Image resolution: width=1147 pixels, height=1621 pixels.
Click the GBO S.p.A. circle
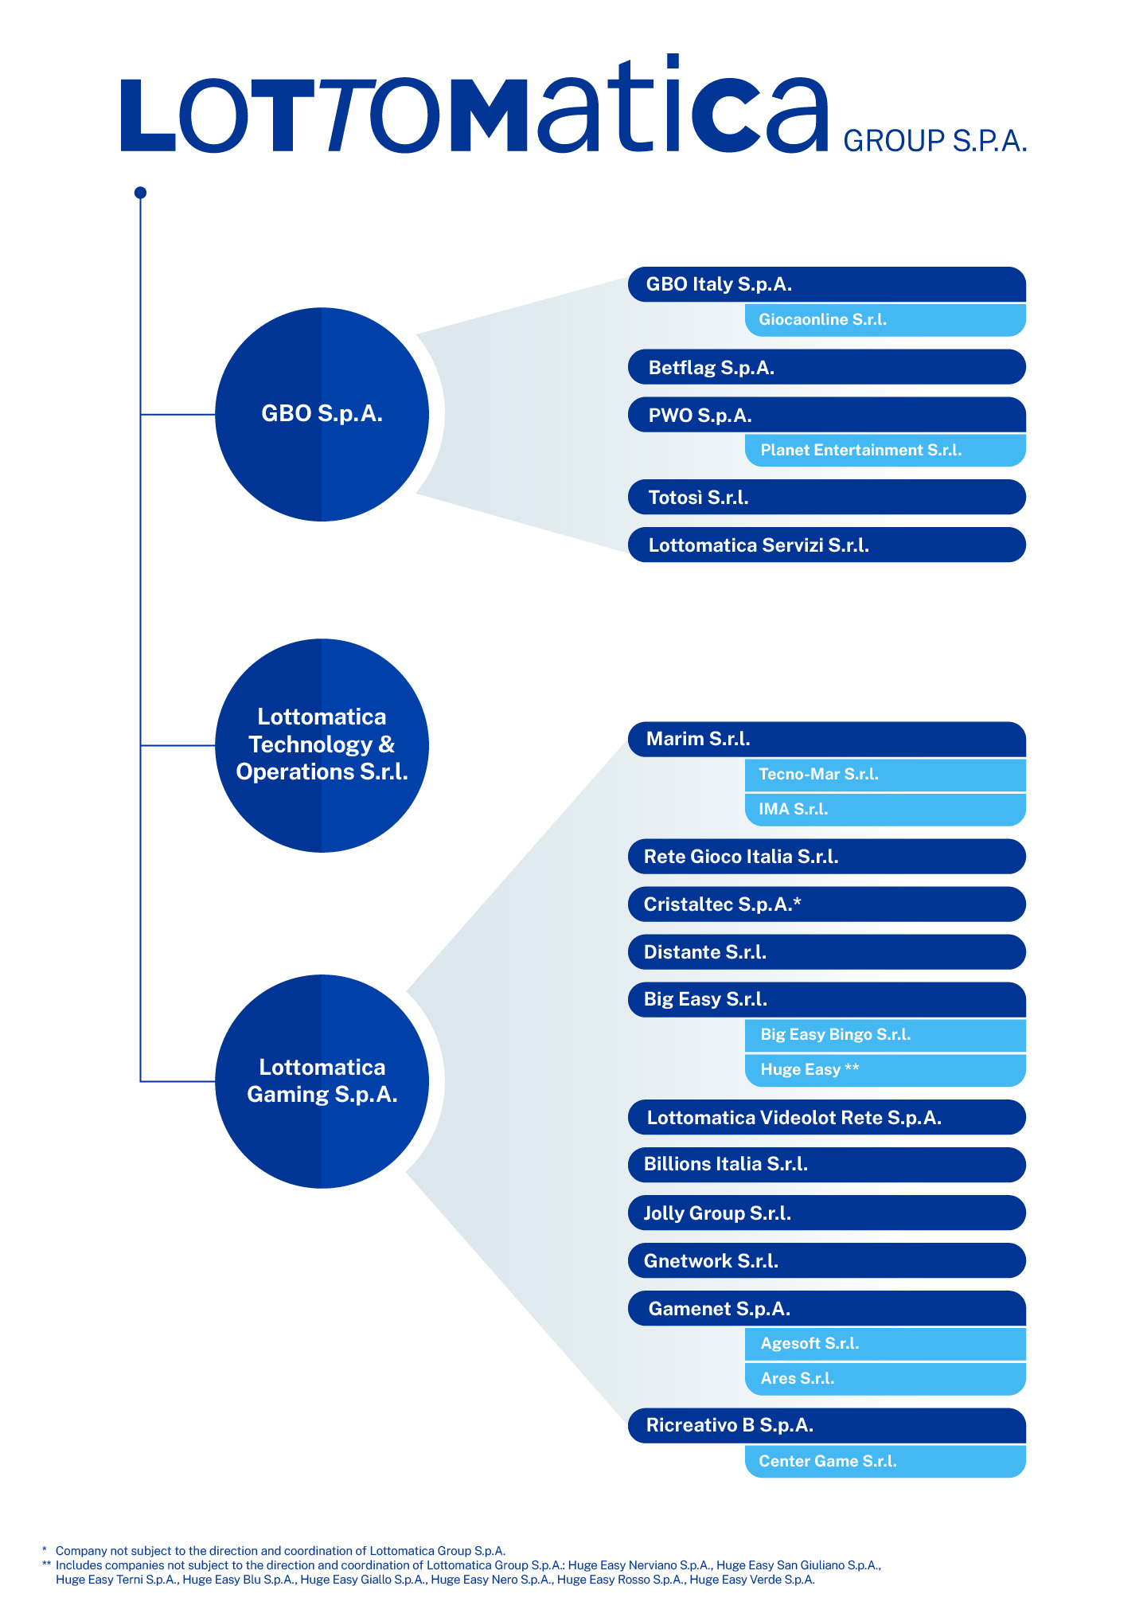tap(322, 414)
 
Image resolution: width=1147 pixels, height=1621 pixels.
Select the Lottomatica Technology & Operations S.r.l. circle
tap(322, 745)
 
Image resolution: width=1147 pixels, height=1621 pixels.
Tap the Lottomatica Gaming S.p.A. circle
tap(322, 1081)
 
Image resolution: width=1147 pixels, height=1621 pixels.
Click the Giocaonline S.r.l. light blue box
tap(884, 319)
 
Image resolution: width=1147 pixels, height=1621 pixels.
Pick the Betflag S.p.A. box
tap(826, 367)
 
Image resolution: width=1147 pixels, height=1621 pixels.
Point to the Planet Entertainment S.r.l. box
tap(884, 450)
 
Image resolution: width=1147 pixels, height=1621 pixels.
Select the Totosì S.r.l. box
tap(826, 497)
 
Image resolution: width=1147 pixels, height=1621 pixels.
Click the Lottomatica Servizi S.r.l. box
tap(826, 545)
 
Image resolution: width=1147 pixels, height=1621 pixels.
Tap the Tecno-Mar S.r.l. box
tap(884, 774)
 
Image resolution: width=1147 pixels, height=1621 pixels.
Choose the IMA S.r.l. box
tap(884, 809)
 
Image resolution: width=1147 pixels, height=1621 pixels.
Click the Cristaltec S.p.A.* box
tap(826, 904)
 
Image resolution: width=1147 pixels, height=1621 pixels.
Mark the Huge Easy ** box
tap(884, 1069)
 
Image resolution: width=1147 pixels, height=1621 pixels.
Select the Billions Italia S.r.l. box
tap(826, 1164)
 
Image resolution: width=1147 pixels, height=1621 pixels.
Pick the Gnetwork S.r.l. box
tap(826, 1260)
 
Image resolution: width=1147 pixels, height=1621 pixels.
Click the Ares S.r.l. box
tap(884, 1378)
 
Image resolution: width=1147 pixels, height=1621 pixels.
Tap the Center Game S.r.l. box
tap(884, 1461)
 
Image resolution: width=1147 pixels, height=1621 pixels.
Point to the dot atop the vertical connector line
tap(140, 193)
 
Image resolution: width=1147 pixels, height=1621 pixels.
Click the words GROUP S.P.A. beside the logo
tap(934, 141)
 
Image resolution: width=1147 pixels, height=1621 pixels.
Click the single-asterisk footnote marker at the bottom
tap(45, 1550)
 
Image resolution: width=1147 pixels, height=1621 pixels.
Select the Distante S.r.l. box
tap(826, 951)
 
